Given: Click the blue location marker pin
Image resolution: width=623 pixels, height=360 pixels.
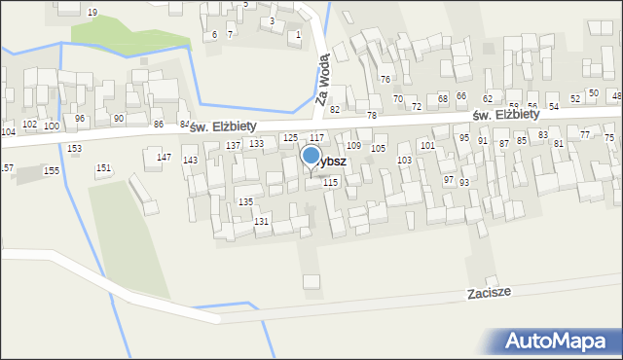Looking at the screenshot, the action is (x=311, y=156).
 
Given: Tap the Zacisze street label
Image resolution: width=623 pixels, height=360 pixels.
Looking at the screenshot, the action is (x=489, y=291).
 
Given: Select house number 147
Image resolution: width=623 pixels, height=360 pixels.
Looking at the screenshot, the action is (x=165, y=158).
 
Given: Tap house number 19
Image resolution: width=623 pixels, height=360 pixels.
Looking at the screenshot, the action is (x=92, y=12).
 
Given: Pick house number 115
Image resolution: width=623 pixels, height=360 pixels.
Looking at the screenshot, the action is (x=331, y=182).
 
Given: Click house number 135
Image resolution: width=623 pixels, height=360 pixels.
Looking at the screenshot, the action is (x=246, y=201).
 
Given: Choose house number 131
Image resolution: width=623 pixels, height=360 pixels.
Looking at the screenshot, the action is (x=261, y=222).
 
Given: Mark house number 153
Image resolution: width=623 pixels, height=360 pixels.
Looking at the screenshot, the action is (x=75, y=148).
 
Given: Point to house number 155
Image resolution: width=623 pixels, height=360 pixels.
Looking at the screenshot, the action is (x=51, y=170).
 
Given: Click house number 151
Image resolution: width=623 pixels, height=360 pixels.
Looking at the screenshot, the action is (x=102, y=168).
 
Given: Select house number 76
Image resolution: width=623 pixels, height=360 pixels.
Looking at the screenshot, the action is (x=385, y=79).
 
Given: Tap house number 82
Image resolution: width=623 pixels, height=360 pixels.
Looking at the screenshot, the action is (x=335, y=109).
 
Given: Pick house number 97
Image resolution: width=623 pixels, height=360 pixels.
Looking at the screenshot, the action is (x=448, y=180).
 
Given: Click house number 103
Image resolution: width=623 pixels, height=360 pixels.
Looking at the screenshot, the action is (x=404, y=160).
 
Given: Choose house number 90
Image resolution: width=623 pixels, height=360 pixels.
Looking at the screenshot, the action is (x=118, y=118).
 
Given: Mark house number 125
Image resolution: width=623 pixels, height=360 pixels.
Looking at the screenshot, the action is (x=289, y=138).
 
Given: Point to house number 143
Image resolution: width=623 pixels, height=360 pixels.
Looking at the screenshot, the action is (x=191, y=160).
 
